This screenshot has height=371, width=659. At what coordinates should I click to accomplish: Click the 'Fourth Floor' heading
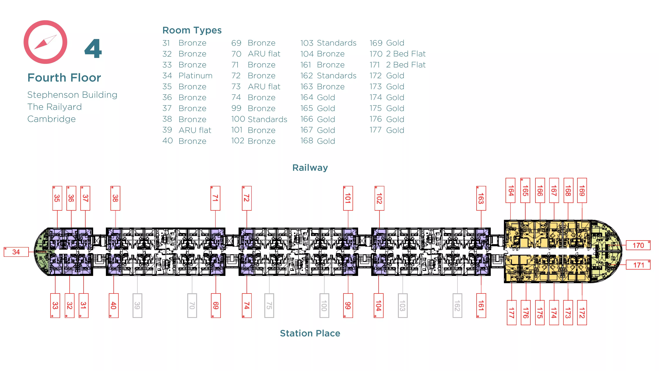coord(64,78)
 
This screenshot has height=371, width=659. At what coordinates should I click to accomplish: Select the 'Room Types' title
coord(192,30)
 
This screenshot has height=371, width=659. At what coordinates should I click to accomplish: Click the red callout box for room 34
coord(16,252)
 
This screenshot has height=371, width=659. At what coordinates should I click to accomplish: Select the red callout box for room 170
coord(638,245)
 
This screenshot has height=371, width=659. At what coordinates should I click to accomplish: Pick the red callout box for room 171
coord(638,265)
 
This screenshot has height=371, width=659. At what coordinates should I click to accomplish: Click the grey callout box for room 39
coord(137,305)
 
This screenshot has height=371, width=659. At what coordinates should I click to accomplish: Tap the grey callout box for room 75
coord(269,305)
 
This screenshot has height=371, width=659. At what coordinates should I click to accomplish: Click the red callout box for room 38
coord(115,198)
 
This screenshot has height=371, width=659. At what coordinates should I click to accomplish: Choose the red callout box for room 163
coord(481,198)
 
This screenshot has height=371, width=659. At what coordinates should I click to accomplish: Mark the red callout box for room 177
coord(511,313)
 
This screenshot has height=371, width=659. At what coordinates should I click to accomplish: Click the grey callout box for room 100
coord(324,305)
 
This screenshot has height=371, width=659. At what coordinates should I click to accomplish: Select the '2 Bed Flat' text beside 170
coord(406,54)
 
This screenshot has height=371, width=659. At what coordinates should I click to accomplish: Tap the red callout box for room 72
coord(247,198)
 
